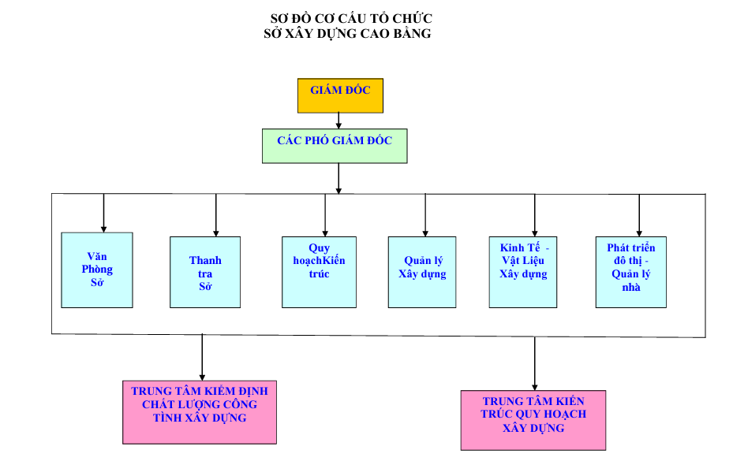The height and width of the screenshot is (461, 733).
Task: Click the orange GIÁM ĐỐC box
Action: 339,95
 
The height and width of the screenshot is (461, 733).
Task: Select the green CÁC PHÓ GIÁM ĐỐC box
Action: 335,146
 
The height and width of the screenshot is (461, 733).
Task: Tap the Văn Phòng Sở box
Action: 97,270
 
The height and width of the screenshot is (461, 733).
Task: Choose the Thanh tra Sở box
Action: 205,272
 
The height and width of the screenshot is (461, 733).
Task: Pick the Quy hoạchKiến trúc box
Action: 319,272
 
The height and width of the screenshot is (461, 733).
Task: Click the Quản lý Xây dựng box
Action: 422,272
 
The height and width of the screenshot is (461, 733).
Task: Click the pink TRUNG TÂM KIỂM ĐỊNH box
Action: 200,412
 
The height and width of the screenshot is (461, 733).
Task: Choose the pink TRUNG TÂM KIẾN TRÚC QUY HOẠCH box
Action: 533,419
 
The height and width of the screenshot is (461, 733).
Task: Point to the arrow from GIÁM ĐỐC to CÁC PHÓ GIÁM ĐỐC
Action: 338,121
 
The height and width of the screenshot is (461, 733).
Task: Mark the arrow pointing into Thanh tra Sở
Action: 215,215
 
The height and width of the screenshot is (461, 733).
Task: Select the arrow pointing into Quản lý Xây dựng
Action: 425,215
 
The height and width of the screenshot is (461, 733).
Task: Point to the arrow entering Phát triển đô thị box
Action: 639,215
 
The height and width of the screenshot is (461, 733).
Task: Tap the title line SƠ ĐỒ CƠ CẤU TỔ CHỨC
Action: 351,18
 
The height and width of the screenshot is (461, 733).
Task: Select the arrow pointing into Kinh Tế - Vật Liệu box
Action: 534,215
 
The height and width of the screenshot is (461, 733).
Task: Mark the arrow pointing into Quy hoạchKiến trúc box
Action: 325,215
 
